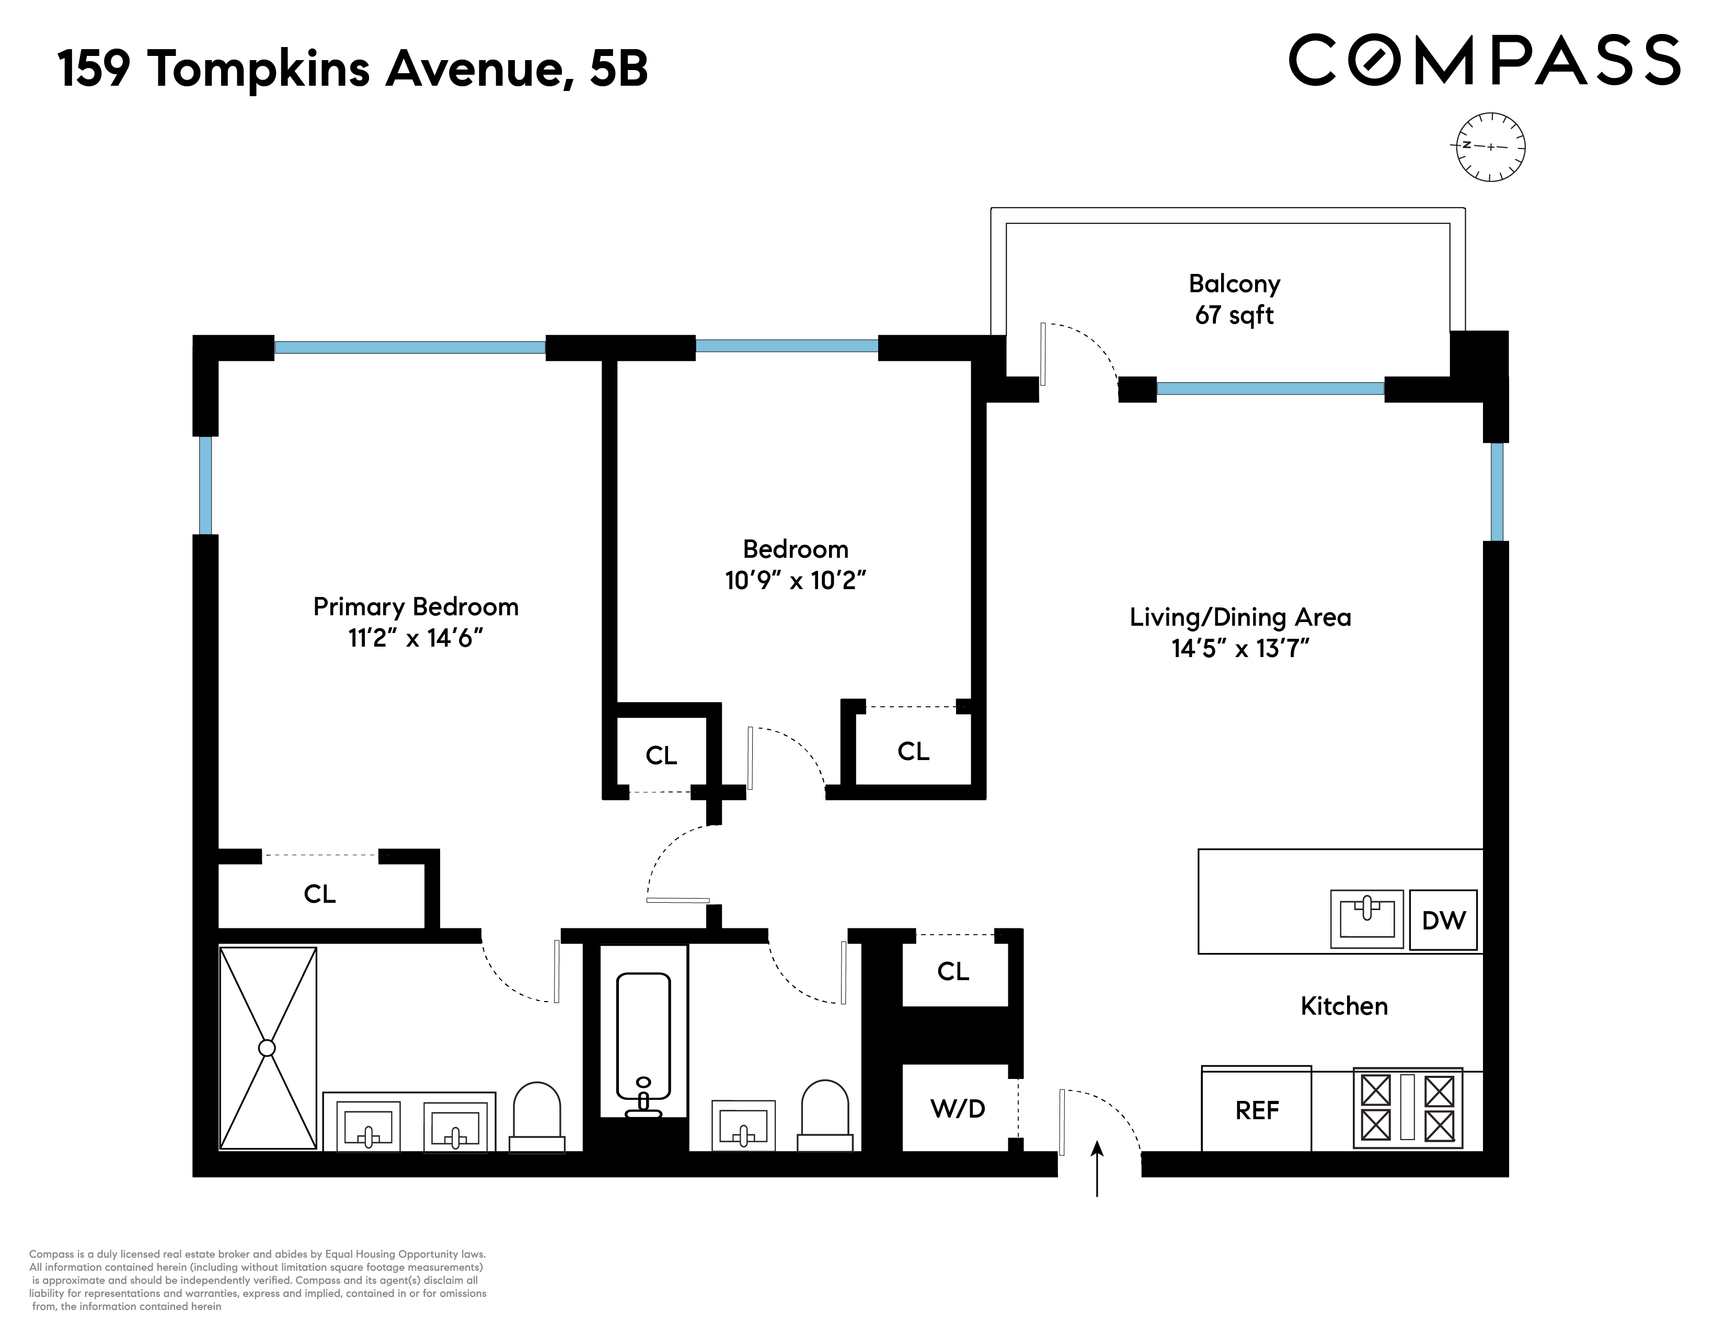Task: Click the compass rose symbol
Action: click(x=1490, y=147)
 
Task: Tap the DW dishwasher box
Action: click(x=1443, y=920)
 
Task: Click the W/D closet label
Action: click(x=957, y=1109)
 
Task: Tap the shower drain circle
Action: click(x=267, y=1048)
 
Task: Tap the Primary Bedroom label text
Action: click(x=416, y=606)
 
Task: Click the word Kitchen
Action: click(x=1343, y=1006)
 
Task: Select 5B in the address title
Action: click(x=618, y=68)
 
